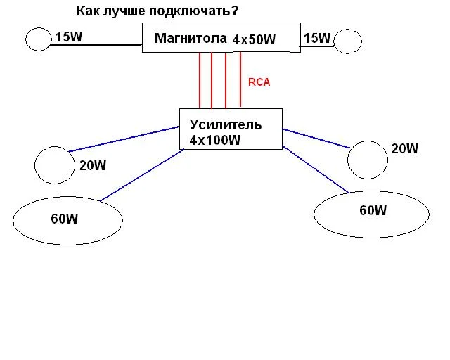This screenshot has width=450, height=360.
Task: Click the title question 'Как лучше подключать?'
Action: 157,12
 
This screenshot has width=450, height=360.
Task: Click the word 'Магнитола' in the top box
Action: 191,38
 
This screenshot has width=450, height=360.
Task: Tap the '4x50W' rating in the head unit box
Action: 255,40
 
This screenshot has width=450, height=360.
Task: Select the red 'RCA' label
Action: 259,82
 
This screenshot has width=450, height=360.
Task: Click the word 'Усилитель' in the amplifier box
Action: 226,125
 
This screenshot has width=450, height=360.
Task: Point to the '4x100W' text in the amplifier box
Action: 215,140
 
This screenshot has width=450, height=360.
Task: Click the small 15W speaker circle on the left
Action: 38,39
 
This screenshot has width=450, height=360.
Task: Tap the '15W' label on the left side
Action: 68,37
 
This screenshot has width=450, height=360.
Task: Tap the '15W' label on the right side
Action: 316,38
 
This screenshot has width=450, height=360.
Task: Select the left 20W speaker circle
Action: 55,164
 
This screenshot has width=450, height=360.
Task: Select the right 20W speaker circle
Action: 368,160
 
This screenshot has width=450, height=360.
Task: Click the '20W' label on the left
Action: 93,166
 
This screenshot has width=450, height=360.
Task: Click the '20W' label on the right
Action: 405,148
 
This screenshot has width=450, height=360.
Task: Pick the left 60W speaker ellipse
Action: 67,220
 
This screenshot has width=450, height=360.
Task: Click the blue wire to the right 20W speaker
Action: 316,139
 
